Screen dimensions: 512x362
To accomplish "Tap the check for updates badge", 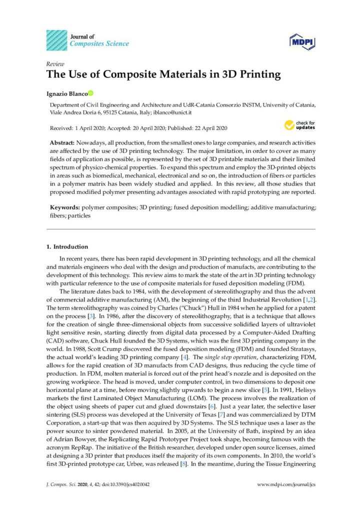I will click(299, 124).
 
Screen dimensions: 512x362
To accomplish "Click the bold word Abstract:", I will click(62, 143).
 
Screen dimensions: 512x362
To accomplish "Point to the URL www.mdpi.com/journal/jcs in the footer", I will click(285, 484).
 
